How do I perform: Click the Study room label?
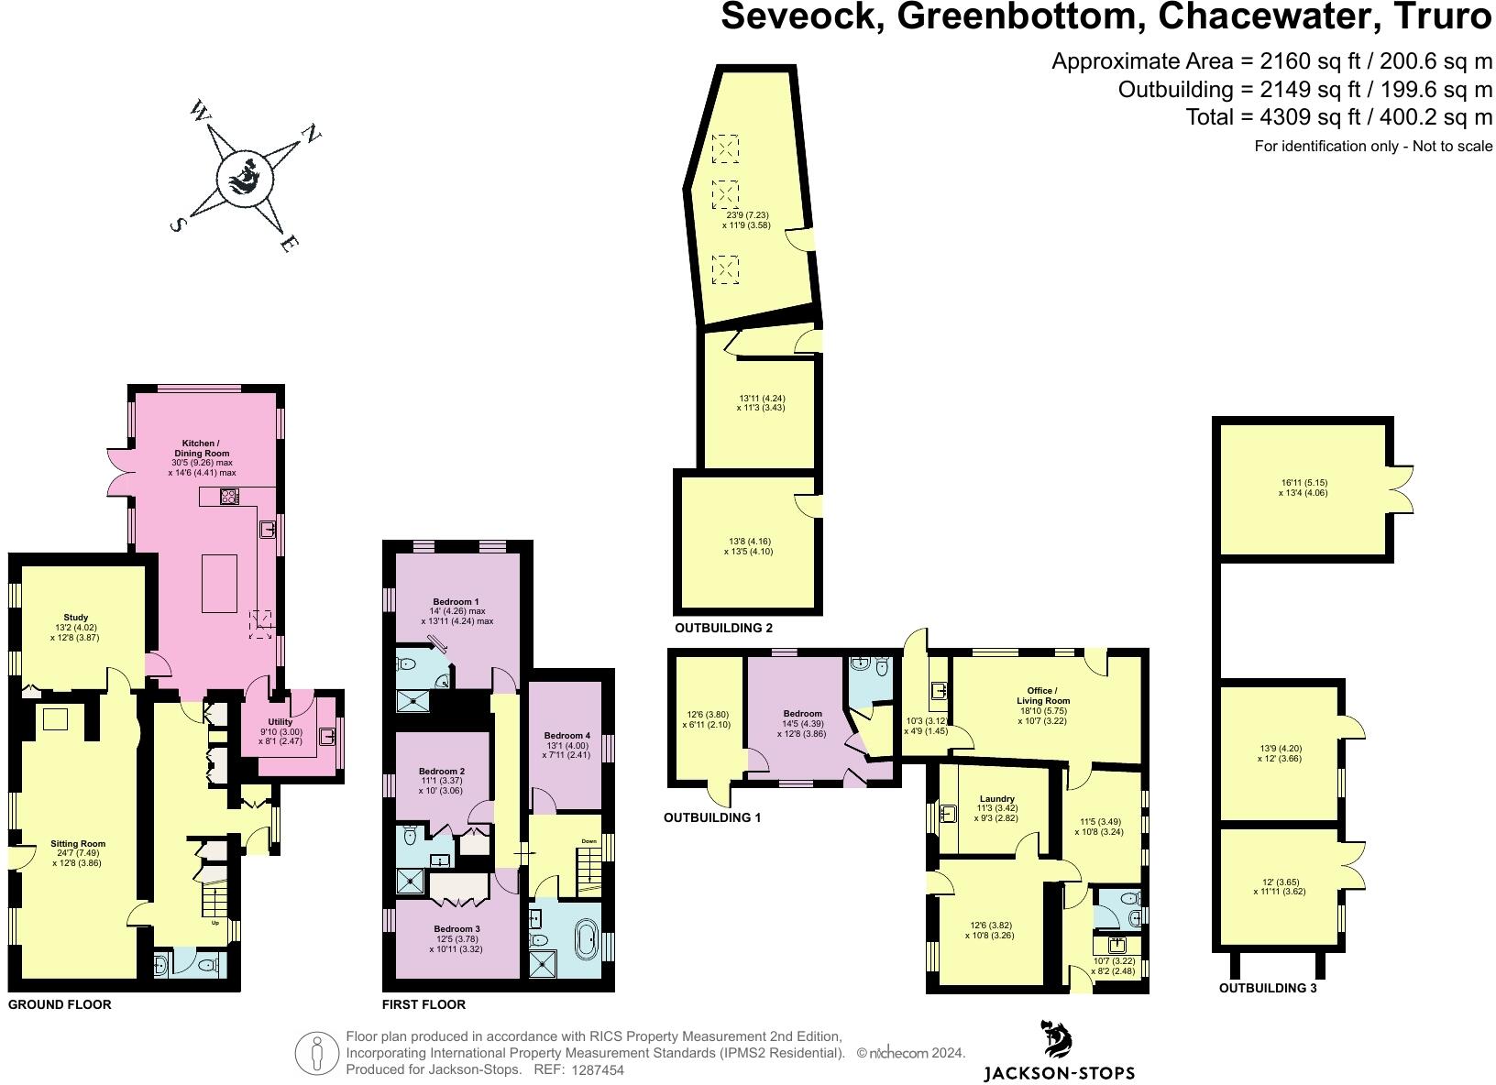(76, 618)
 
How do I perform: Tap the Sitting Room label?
(78, 844)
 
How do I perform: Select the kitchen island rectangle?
(219, 583)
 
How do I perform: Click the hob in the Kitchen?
(229, 498)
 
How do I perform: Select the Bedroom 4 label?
(566, 736)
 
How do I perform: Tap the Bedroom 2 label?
(442, 772)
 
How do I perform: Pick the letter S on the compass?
(178, 225)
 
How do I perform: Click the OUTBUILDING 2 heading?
(724, 629)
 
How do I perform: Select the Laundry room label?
(996, 799)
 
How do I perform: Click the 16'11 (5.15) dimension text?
(1303, 483)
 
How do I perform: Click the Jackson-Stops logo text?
(1059, 1073)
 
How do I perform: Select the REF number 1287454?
(598, 1069)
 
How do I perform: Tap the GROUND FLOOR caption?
(60, 1004)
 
